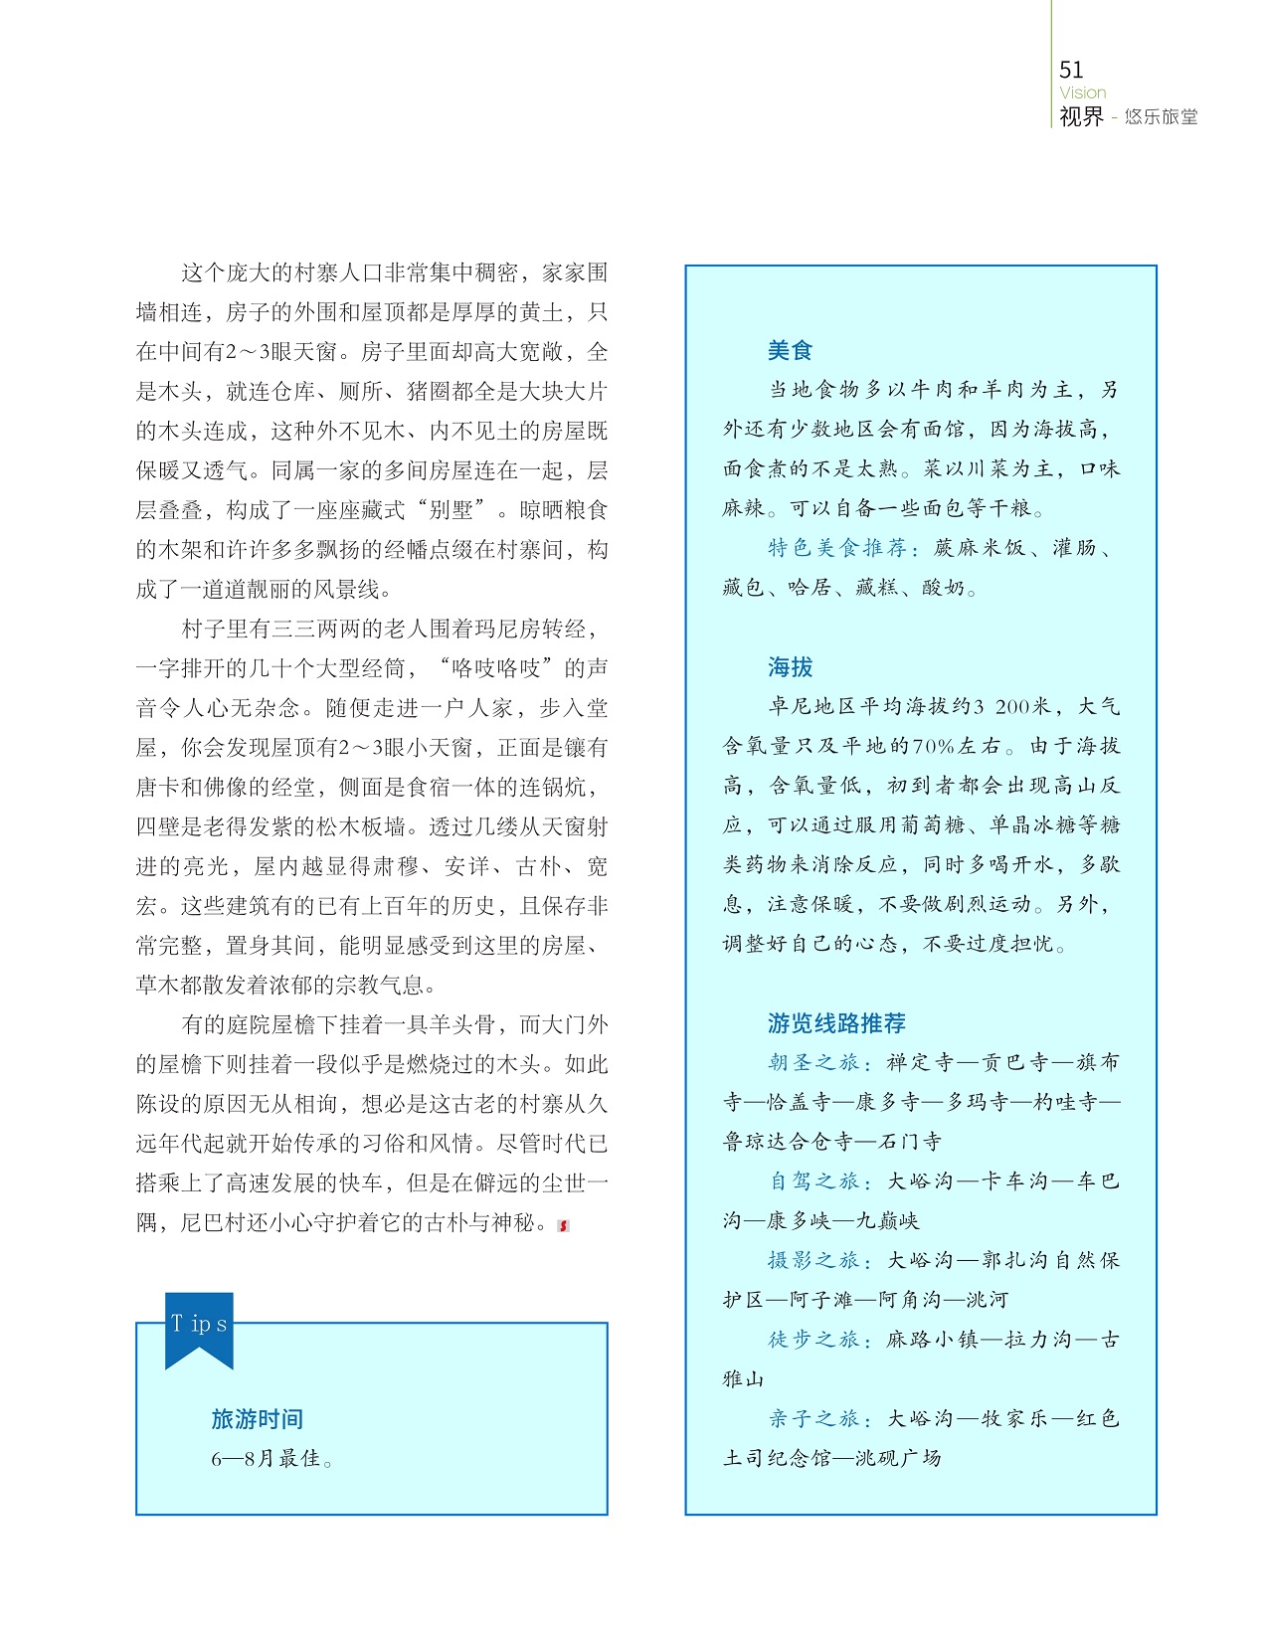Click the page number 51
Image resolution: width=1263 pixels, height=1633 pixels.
1071,70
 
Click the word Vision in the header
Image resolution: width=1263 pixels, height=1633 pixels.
1082,92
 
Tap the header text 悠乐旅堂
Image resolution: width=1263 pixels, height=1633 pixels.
1161,117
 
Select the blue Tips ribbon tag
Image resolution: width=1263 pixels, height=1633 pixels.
199,1327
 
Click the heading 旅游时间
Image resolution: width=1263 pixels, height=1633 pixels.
257,1419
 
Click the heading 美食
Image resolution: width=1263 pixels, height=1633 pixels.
790,350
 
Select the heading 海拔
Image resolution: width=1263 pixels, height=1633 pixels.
790,667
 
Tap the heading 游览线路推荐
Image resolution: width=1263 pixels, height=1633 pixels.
836,1023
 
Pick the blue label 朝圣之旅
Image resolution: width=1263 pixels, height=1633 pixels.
813,1063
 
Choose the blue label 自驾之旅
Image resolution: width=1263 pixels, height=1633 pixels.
813,1181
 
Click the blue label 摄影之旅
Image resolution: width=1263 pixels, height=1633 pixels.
813,1261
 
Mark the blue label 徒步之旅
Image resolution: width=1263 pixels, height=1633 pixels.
813,1340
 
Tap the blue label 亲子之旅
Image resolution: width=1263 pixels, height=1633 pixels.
813,1419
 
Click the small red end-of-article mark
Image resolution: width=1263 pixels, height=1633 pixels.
564,1225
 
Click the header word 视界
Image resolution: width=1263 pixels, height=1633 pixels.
1081,117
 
